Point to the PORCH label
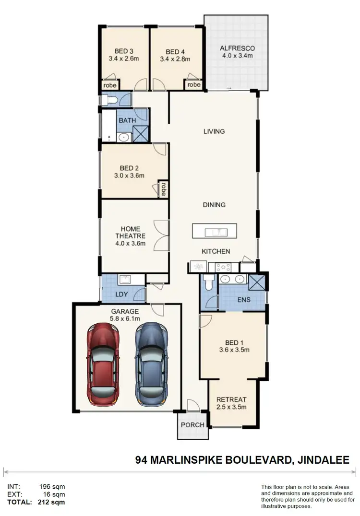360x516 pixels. pos(192,425)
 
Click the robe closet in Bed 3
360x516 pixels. pos(109,85)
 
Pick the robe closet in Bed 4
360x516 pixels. pos(193,85)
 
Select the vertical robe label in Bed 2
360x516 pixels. pos(163,189)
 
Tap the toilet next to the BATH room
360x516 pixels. pos(108,100)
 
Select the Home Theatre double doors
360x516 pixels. pos(162,235)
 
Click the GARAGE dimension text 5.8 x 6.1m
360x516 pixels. pos(124,319)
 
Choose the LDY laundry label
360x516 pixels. pos(121,294)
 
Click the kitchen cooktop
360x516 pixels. pos(223,267)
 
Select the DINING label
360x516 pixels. pos(214,205)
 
